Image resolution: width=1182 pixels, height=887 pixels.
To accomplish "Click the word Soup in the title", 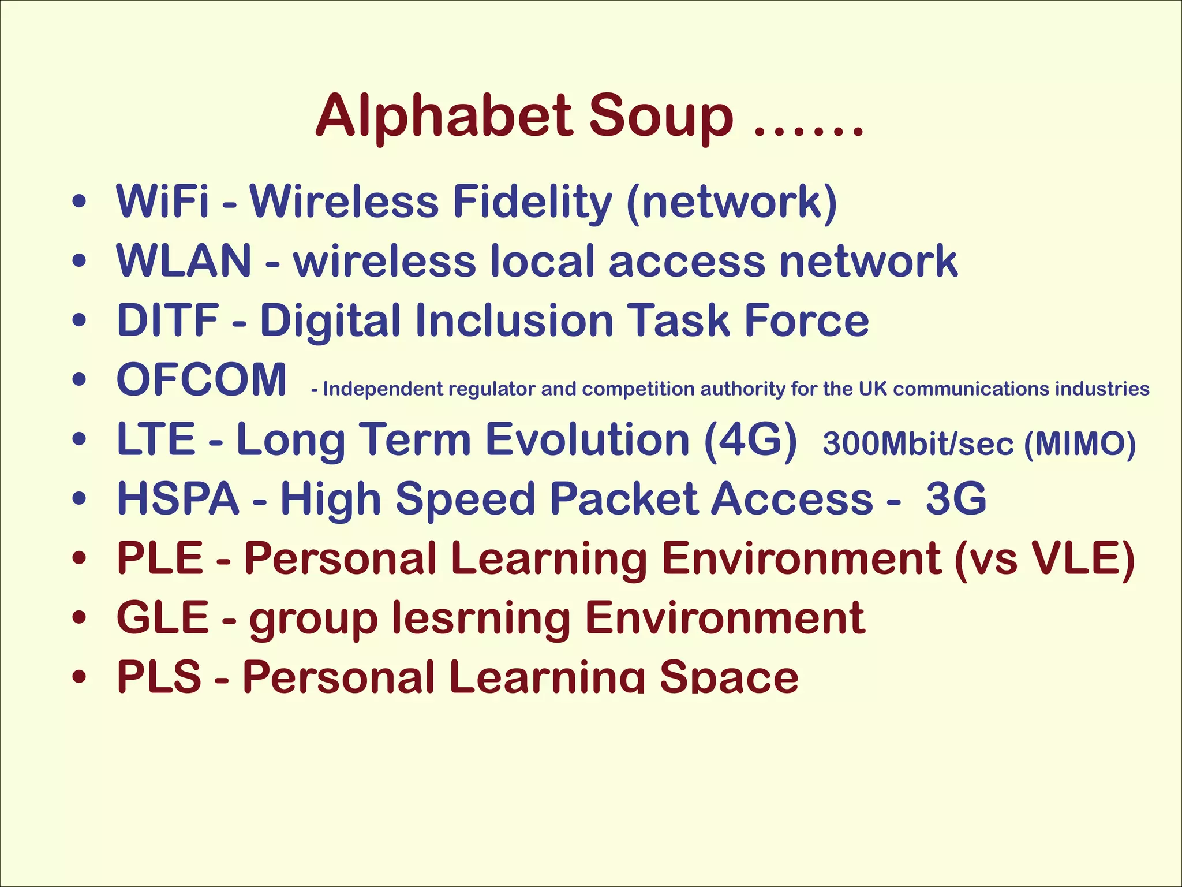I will point(661,118).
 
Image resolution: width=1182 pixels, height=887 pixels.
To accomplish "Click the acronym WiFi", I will point(162,202).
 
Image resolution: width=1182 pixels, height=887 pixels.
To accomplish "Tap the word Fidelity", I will point(532,203).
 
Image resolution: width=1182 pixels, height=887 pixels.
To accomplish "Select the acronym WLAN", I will point(184,262).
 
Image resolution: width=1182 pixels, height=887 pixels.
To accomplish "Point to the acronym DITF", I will point(167,320).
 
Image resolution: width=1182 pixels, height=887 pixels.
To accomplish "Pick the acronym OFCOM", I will point(201,380).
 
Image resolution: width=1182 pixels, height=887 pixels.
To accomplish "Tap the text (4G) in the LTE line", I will point(750,440).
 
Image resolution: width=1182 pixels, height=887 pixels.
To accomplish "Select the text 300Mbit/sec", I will point(918,444).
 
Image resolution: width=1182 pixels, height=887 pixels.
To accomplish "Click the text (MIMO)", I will point(1080,444).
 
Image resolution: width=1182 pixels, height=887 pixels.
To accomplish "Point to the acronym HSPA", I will point(178,499).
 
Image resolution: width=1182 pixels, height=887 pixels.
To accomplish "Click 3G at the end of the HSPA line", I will point(956,499).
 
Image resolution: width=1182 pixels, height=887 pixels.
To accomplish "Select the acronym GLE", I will point(162,618).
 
